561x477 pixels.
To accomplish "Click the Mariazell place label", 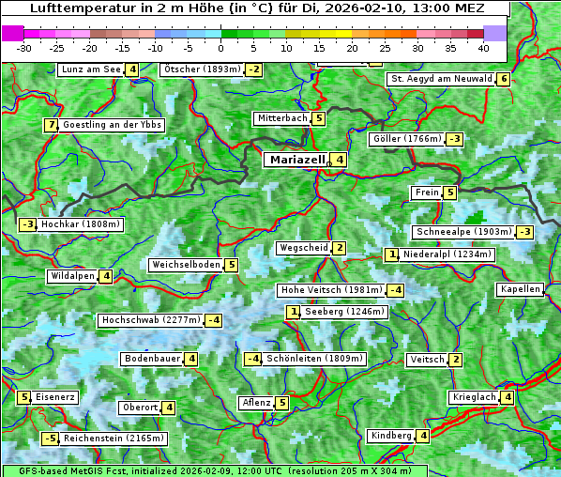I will click(x=296, y=160).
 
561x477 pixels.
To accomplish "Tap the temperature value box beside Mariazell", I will click(x=340, y=160).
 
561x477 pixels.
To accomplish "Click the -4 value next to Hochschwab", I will click(x=214, y=320).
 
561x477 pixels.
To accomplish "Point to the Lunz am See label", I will click(x=90, y=69).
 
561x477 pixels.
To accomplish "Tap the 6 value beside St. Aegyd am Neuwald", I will click(x=504, y=79).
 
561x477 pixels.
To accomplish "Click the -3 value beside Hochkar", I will click(x=27, y=224).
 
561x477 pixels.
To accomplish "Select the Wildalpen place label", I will click(x=72, y=276).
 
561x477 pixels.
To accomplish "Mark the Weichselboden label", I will click(x=186, y=265).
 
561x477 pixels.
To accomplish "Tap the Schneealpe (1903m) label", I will click(x=463, y=232).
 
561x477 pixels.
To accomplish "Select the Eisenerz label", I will click(x=55, y=397).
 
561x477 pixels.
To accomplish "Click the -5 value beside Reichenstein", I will click(x=50, y=439).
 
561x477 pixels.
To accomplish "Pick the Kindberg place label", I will click(x=391, y=436).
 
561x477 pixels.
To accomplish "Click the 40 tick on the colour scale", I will click(x=483, y=47).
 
